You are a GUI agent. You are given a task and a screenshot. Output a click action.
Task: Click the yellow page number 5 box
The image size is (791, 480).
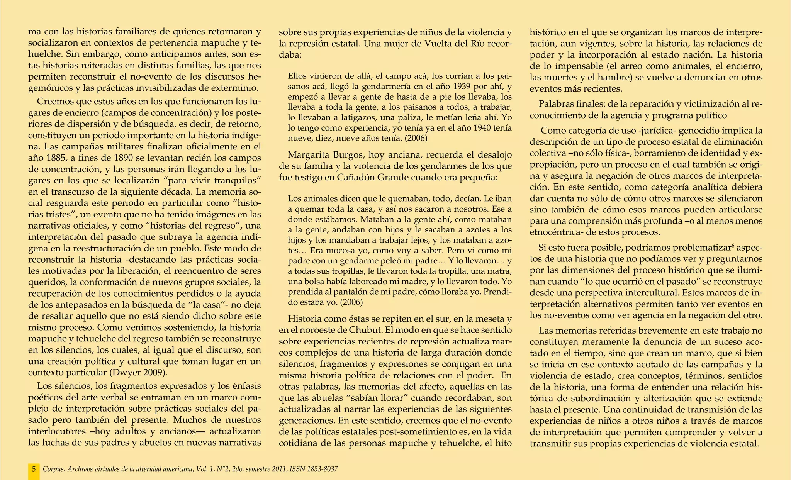(x=34, y=469)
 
